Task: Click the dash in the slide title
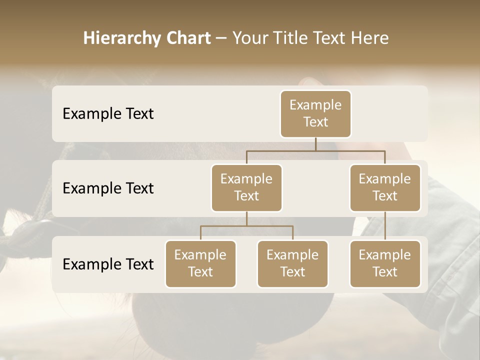[221, 39]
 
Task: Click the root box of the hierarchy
[315, 113]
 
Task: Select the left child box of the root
[246, 188]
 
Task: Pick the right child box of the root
[385, 188]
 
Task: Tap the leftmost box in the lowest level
[200, 263]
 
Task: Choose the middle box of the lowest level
[292, 263]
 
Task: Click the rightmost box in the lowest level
[385, 263]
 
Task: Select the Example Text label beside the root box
[108, 113]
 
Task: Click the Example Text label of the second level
[108, 188]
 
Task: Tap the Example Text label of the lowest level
[108, 264]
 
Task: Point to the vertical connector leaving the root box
[315, 144]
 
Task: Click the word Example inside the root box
[315, 105]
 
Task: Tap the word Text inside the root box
[315, 122]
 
